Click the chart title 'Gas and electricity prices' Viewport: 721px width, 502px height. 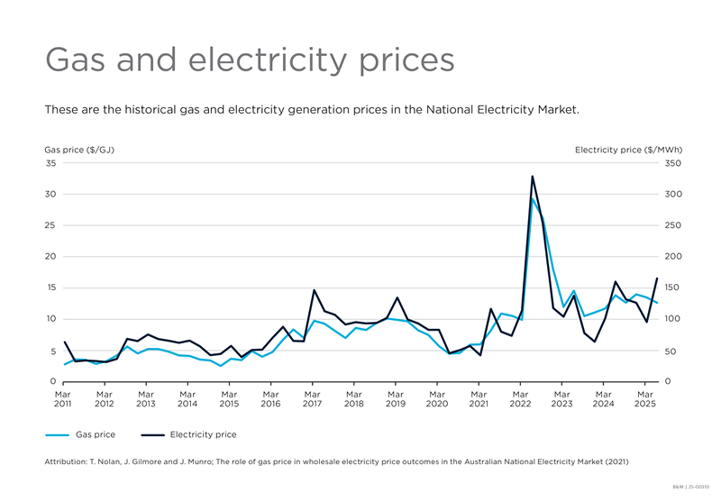(x=250, y=59)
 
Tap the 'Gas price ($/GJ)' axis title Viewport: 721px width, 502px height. (x=79, y=150)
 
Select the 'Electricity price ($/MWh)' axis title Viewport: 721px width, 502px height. (x=628, y=150)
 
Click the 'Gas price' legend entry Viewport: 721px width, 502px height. (x=95, y=434)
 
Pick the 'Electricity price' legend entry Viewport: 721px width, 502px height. (x=203, y=434)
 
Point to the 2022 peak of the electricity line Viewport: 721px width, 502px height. (x=532, y=177)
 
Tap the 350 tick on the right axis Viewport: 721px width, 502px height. (x=673, y=164)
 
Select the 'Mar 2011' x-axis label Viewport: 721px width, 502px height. (x=63, y=398)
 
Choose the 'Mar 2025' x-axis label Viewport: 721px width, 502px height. (x=645, y=398)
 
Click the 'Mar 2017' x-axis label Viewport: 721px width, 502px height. (x=313, y=398)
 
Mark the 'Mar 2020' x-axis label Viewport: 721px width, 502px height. (x=437, y=398)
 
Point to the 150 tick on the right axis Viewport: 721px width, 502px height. (x=673, y=288)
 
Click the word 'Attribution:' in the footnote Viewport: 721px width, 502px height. (x=68, y=461)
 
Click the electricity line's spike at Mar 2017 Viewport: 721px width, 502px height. (x=314, y=290)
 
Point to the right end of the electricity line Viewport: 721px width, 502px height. (x=657, y=278)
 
